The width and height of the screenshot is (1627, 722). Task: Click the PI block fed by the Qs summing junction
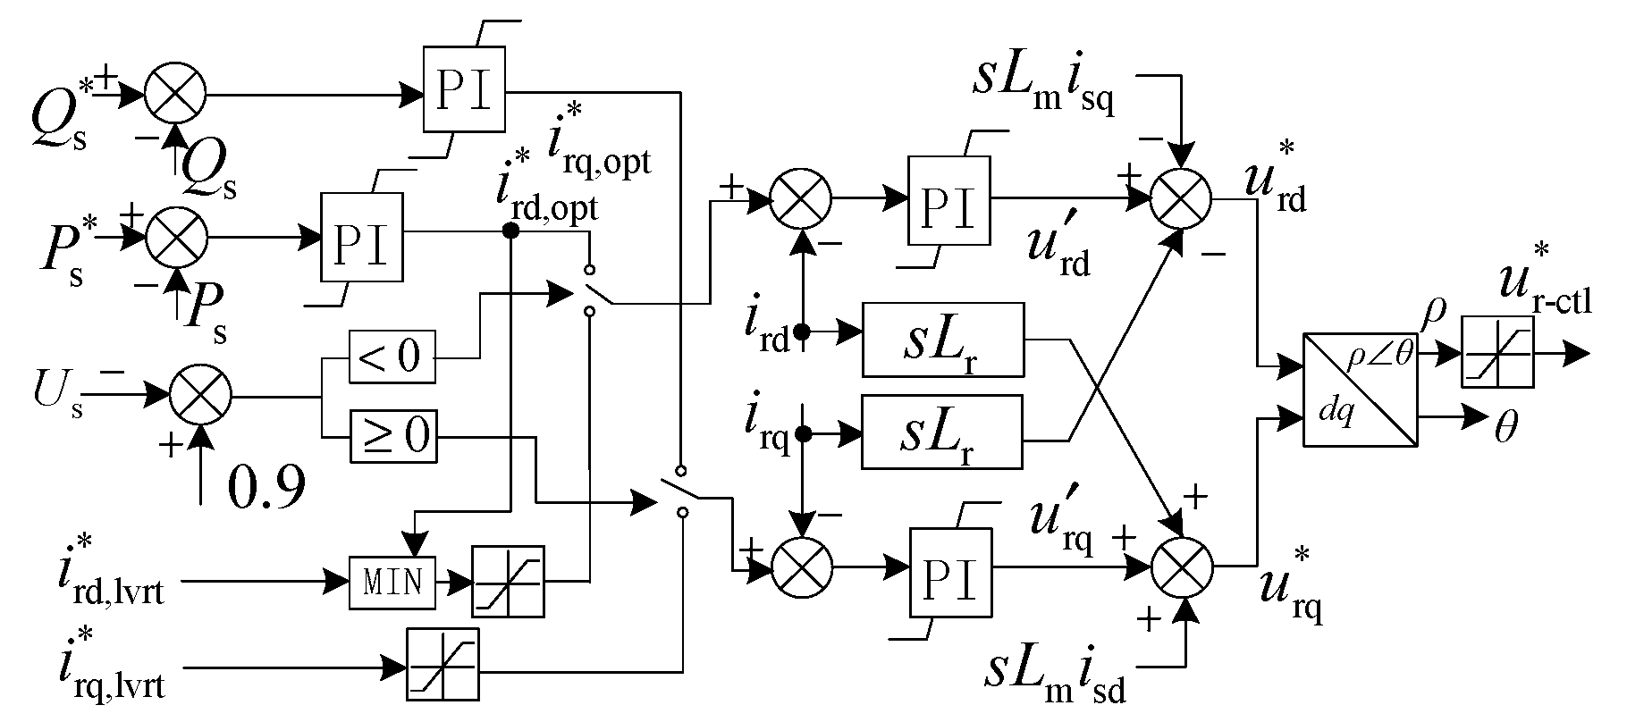(464, 93)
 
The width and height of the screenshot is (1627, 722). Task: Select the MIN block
(392, 582)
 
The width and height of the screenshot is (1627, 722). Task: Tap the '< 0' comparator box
(392, 357)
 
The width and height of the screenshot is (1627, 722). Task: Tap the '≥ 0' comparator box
(392, 437)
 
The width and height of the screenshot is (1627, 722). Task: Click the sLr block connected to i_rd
(941, 340)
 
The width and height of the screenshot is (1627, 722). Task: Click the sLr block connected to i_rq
(941, 432)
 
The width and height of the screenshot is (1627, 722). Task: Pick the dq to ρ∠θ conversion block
(1360, 390)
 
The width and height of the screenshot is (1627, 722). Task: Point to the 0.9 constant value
(266, 486)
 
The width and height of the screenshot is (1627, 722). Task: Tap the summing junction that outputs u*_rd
(1180, 197)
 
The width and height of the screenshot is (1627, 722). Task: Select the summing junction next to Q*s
(177, 93)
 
